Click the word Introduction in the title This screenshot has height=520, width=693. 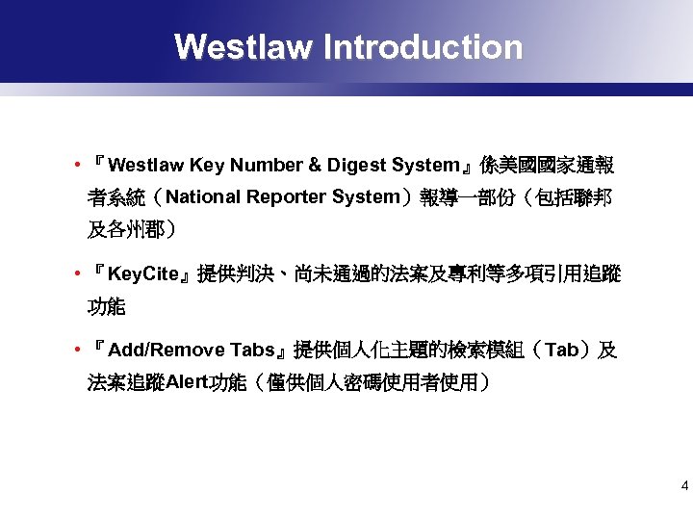423,47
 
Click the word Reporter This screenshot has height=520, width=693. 287,197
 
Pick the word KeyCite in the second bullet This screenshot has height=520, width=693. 144,274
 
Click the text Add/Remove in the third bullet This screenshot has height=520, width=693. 167,350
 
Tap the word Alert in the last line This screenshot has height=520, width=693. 187,382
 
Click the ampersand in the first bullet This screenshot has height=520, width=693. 314,166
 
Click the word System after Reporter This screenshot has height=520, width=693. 365,197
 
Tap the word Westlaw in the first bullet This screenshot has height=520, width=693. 154,166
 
